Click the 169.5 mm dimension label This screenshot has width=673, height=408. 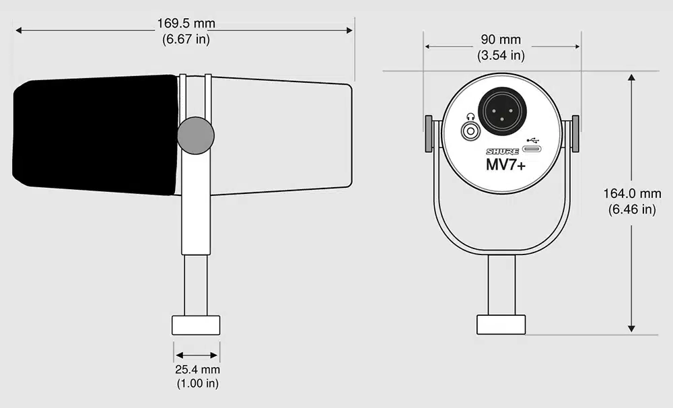tap(186, 24)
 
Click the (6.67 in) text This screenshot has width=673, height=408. tap(186, 39)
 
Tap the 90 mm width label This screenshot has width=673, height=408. tap(501, 40)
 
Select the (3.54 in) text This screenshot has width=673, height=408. tap(501, 55)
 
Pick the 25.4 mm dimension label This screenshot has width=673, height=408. tap(197, 370)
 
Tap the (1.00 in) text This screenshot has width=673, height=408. tap(197, 384)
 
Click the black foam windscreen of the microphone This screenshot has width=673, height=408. tap(94, 135)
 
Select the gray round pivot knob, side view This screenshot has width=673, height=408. tap(196, 135)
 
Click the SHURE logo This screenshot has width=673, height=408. tap(503, 152)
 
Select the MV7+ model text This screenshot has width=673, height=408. tap(505, 165)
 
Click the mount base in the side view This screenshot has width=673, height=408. tap(196, 325)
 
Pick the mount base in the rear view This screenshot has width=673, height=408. tap(501, 325)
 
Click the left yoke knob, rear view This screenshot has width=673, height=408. tap(429, 133)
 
